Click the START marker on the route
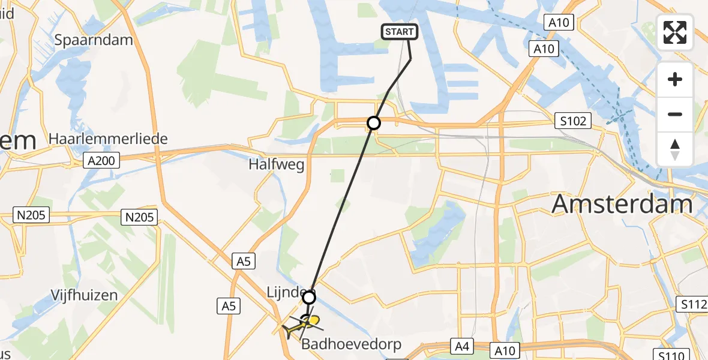tap(399, 32)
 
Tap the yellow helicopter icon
tap(306, 324)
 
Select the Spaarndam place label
tap(93, 40)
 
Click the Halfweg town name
tap(277, 164)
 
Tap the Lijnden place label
tap(284, 293)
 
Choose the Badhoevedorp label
tap(351, 344)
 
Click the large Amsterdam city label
tap(622, 204)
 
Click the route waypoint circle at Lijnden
tap(309, 298)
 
